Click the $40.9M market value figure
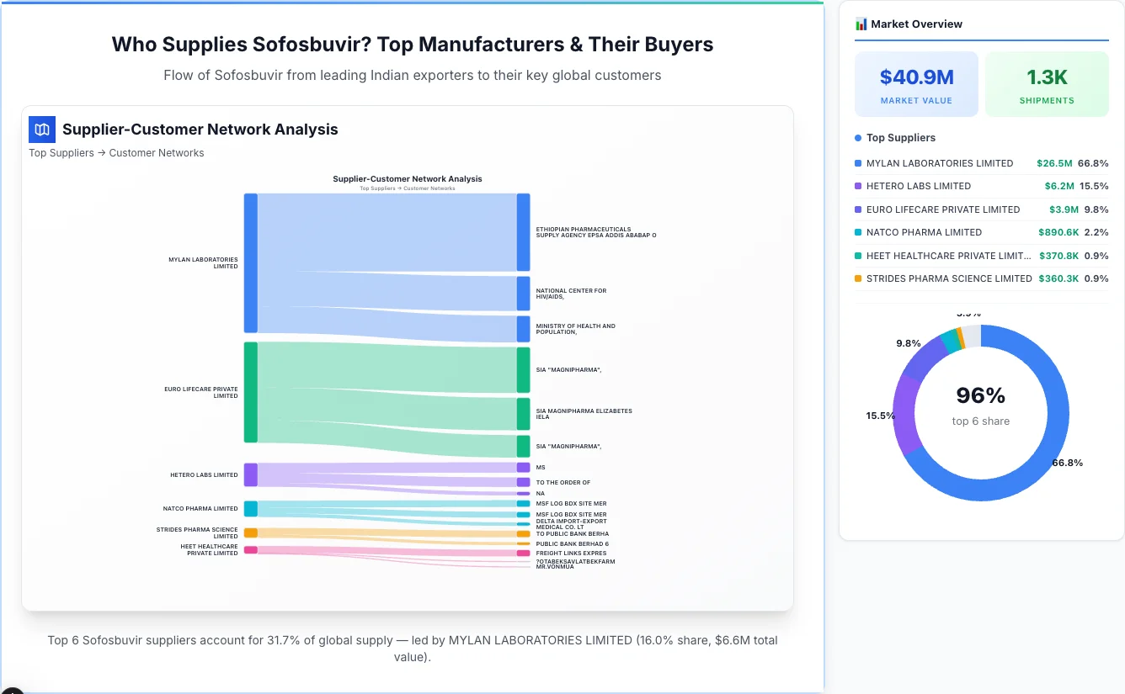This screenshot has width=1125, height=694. tap(916, 77)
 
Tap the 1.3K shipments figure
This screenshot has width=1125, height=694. tap(1047, 77)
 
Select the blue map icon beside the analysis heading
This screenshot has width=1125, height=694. tap(42, 130)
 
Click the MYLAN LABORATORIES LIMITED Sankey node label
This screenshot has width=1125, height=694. tap(203, 262)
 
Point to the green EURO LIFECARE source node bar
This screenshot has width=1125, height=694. tap(251, 392)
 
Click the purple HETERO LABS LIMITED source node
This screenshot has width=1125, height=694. tap(251, 474)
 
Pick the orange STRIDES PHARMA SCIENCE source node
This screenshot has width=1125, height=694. tap(251, 532)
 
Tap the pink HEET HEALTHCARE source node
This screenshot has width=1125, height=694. tap(251, 549)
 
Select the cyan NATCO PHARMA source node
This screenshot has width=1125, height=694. tap(251, 508)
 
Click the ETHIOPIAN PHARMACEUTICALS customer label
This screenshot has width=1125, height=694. tap(595, 232)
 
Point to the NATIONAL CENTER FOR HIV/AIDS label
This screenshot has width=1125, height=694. tap(571, 294)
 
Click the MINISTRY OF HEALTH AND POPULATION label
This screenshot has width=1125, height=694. tap(575, 329)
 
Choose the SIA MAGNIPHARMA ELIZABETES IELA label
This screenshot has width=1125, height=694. tap(584, 414)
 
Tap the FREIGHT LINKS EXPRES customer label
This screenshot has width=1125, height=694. tap(571, 554)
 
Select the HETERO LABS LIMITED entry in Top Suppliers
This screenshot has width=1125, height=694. tap(918, 186)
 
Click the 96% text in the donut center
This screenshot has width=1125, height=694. tap(980, 395)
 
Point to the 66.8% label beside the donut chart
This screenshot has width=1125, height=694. tap(1067, 463)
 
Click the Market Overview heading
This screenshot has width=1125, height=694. tap(916, 24)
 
